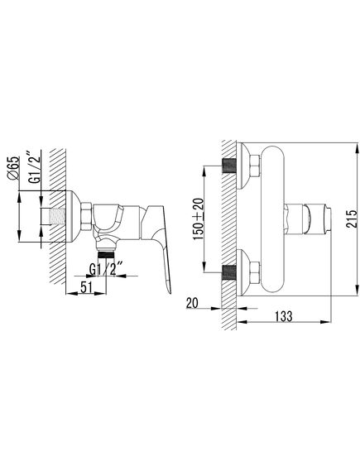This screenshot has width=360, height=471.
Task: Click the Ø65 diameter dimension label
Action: tap(14, 168)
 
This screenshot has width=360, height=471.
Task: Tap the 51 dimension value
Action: tap(86, 287)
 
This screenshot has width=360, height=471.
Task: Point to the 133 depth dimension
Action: tap(283, 316)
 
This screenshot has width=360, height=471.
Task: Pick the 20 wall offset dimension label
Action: tap(192, 303)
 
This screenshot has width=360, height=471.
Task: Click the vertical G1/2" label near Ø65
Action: tap(35, 167)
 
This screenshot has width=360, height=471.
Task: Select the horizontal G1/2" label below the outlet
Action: tap(106, 270)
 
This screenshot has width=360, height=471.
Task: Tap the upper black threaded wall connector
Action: tap(229, 166)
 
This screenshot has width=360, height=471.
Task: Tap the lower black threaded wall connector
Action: tap(229, 272)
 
